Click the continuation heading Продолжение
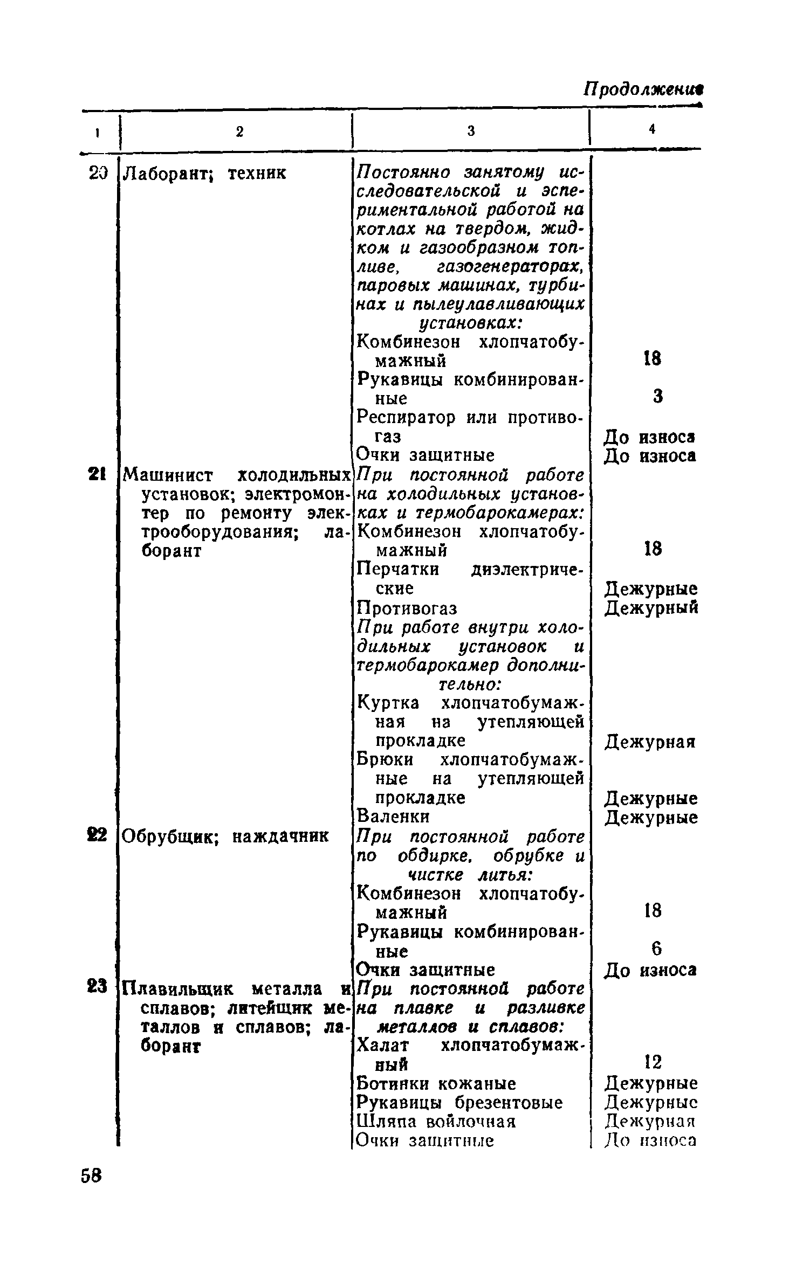click(x=646, y=89)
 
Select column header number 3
click(x=471, y=130)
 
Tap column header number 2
click(x=241, y=131)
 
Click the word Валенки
click(x=394, y=817)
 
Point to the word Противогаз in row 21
click(x=407, y=608)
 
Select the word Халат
click(x=383, y=1045)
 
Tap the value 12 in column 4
click(x=653, y=1062)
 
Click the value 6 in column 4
click(x=656, y=948)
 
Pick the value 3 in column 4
click(x=657, y=397)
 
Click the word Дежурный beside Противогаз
click(x=651, y=608)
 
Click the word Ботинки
click(x=392, y=1083)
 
